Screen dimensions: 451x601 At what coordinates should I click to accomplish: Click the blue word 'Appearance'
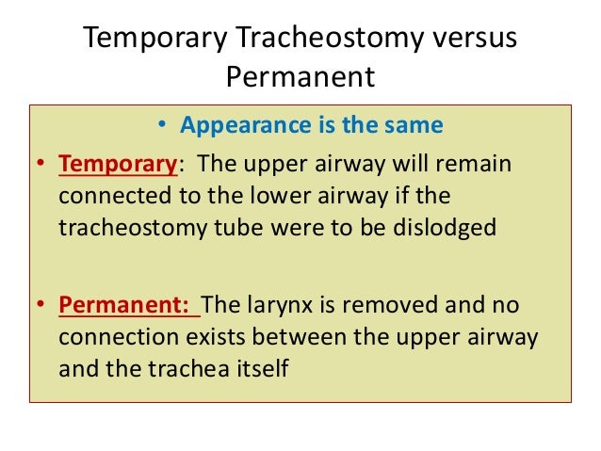236,125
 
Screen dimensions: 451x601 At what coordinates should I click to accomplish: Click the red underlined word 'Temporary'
119,165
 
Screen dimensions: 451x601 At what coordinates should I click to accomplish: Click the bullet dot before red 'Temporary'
42,166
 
